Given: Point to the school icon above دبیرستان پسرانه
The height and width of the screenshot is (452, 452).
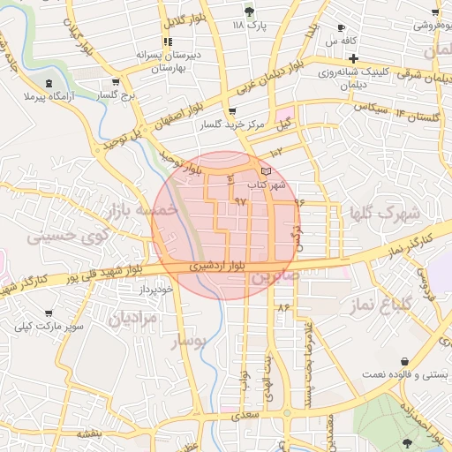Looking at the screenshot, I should [168, 41].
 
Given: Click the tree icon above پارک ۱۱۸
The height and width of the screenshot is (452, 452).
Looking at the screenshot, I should [249, 11].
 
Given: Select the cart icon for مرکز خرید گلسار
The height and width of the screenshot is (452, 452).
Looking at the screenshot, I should [232, 112].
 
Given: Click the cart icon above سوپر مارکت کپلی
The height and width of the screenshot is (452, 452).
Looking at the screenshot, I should [48, 313].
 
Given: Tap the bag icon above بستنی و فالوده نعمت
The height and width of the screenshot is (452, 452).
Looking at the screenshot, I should [403, 361].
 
